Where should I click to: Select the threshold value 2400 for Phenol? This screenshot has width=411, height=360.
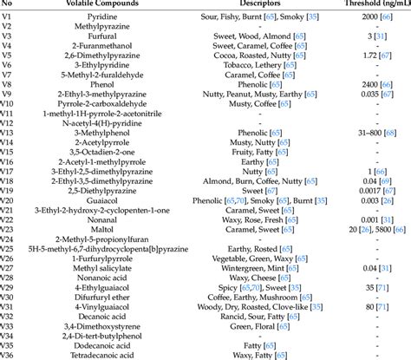(x=364, y=94)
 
